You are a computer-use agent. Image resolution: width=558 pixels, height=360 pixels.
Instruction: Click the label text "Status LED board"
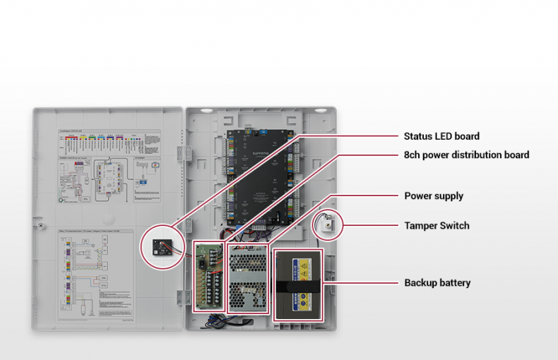pos(441,136)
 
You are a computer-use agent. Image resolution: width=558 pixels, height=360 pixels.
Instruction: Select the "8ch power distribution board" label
pos(466,155)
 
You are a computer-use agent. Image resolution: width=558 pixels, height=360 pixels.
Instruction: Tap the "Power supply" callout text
pos(434,196)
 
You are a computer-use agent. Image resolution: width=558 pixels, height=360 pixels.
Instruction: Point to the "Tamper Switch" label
pos(437,226)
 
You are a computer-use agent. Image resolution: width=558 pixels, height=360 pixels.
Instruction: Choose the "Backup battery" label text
pos(437,283)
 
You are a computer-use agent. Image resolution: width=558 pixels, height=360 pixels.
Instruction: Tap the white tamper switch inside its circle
pos(328,224)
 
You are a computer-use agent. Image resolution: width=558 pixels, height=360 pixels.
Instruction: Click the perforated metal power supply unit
pos(247,282)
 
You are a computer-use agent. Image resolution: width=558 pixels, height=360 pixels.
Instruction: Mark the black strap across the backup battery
pos(297,287)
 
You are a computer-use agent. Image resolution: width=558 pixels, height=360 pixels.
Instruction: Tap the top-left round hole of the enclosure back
pos(204,111)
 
